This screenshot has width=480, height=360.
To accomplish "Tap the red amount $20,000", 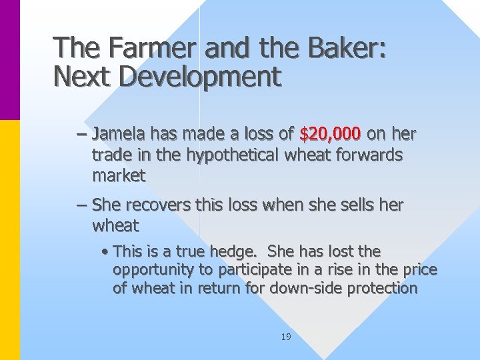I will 330,135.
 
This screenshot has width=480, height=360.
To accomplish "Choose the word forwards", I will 370,155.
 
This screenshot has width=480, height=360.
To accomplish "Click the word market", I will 119,176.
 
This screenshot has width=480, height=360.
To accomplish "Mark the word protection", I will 386,289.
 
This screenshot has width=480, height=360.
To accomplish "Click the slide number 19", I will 285,337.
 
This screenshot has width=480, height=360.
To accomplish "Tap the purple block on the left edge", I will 10,60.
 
